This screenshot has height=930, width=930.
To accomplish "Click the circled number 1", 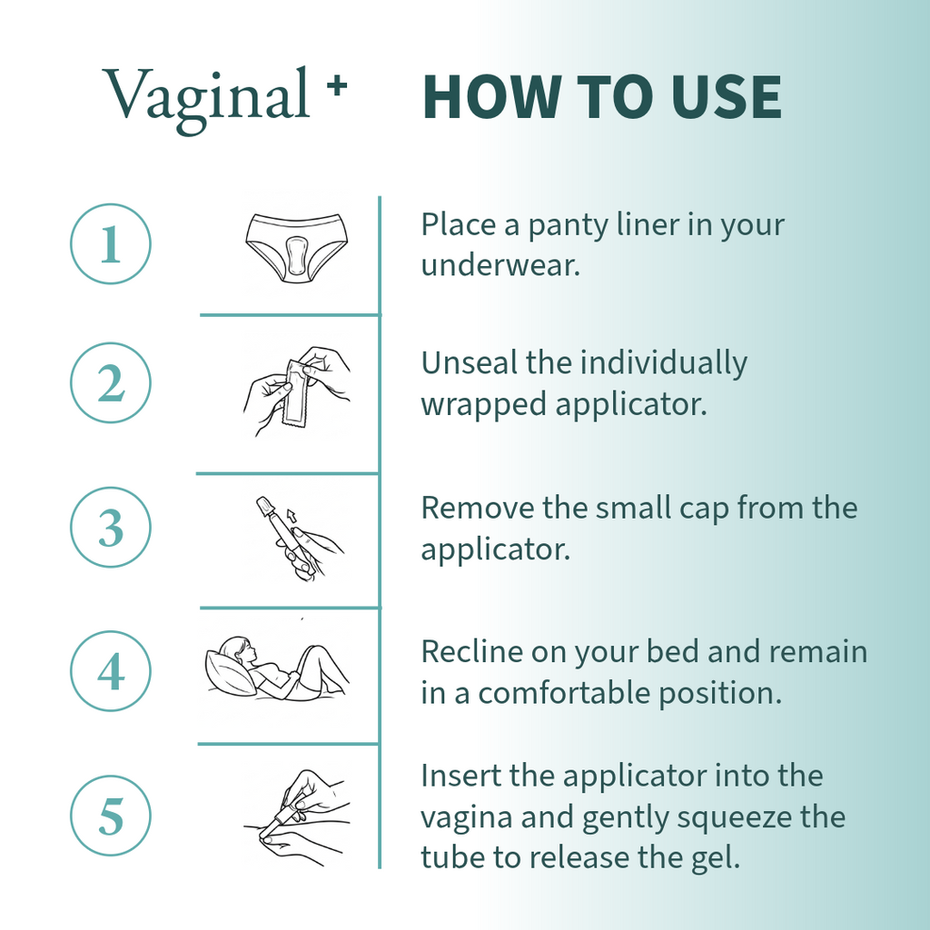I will tap(110, 243).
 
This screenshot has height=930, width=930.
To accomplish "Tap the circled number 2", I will tap(110, 382).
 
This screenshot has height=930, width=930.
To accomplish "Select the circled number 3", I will tap(110, 528).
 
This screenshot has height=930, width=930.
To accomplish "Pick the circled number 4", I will tap(110, 671).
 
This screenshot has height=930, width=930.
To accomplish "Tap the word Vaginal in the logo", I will tap(206, 96).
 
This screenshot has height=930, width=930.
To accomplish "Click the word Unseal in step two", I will tap(470, 362).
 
